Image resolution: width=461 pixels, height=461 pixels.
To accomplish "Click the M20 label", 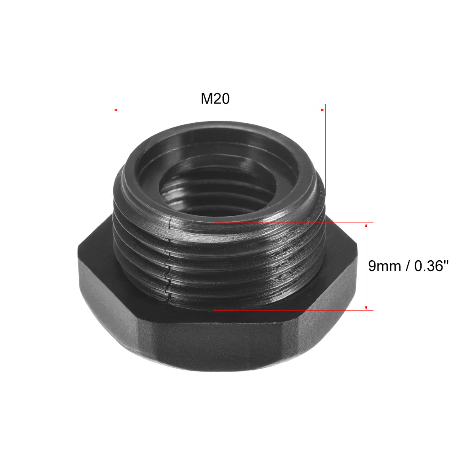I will pyautogui.click(x=215, y=99).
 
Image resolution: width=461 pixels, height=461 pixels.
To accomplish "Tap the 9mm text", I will pyautogui.click(x=383, y=266).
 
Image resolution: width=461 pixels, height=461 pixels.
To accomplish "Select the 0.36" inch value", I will pyautogui.click(x=427, y=266).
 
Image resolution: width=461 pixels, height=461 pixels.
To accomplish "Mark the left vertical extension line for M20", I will pyautogui.click(x=113, y=151).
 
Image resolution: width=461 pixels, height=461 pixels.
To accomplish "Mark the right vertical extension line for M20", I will pyautogui.click(x=326, y=151).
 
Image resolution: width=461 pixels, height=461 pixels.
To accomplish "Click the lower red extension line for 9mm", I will pyautogui.click(x=293, y=310).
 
